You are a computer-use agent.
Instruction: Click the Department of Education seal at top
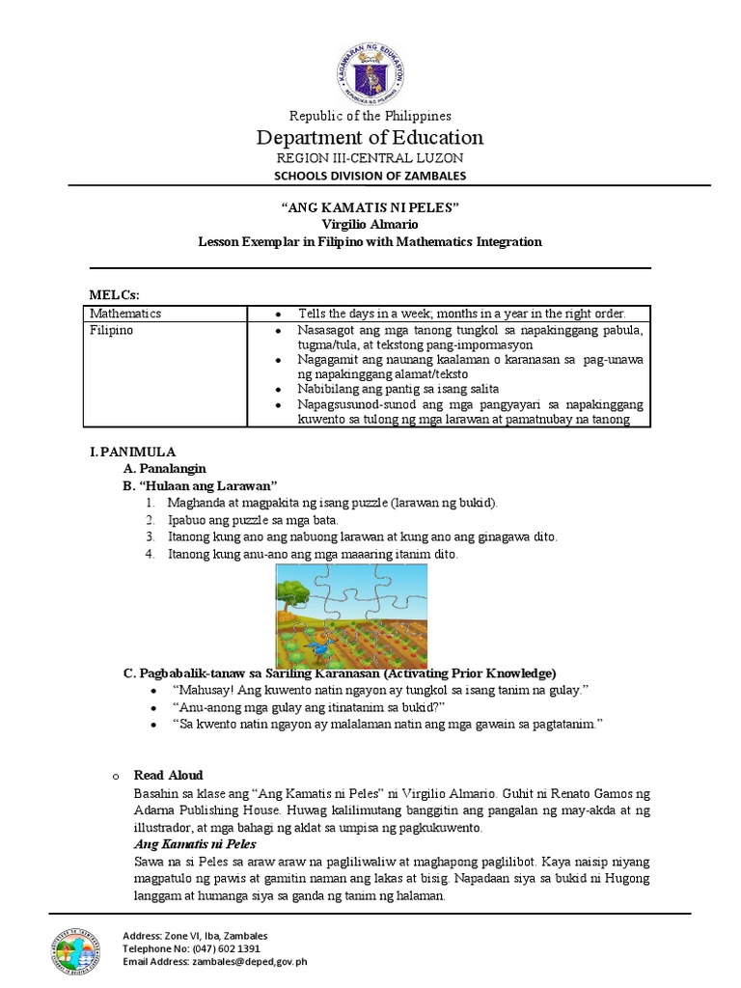pos(371,71)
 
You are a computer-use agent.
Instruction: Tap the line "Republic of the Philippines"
pos(370,116)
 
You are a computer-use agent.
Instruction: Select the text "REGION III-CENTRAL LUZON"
pos(370,157)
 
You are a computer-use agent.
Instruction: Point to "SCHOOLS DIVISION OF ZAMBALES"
pos(370,176)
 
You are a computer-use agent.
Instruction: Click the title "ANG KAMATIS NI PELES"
pos(370,208)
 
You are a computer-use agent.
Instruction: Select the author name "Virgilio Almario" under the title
pos(370,225)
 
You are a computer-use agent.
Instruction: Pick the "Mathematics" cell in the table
pos(125,314)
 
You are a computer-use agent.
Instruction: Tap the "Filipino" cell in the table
pos(112,330)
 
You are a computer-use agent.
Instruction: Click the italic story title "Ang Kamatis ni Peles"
pos(188,843)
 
